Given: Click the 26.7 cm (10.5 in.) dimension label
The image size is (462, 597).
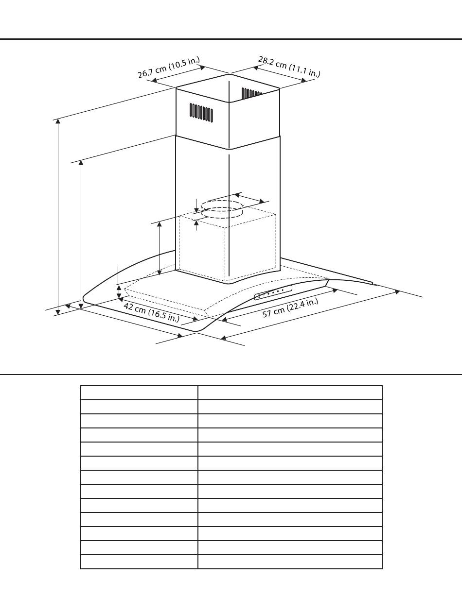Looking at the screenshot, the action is [x=168, y=68].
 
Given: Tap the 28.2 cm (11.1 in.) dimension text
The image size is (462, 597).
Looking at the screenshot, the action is [x=289, y=67].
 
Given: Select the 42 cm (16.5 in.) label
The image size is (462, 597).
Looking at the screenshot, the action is [x=151, y=312].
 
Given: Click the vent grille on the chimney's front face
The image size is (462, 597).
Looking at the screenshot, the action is [x=201, y=112].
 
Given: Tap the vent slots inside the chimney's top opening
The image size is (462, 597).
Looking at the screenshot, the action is [x=251, y=92].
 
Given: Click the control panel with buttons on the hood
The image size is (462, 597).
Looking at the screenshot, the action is [x=273, y=292].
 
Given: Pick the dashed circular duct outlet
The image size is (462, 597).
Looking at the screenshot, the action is [x=222, y=208].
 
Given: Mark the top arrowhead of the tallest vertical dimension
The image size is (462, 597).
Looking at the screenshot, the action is [x=58, y=120].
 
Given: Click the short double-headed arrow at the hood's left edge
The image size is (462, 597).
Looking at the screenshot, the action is [x=119, y=292].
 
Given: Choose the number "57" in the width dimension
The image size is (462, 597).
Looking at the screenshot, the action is [x=268, y=314].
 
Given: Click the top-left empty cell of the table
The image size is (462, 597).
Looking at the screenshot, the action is [x=139, y=392].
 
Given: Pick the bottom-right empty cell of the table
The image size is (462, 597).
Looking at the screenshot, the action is [x=290, y=562].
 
